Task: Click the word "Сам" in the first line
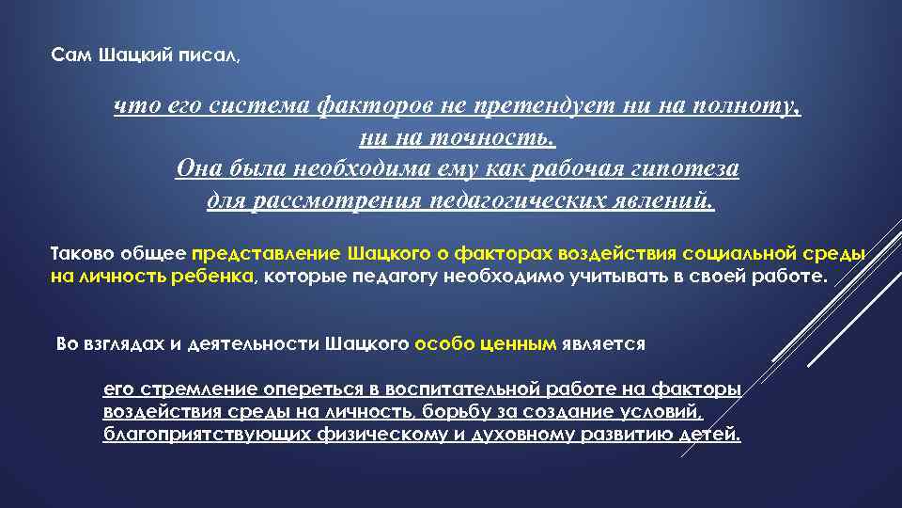(68, 56)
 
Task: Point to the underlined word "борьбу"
(452, 412)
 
